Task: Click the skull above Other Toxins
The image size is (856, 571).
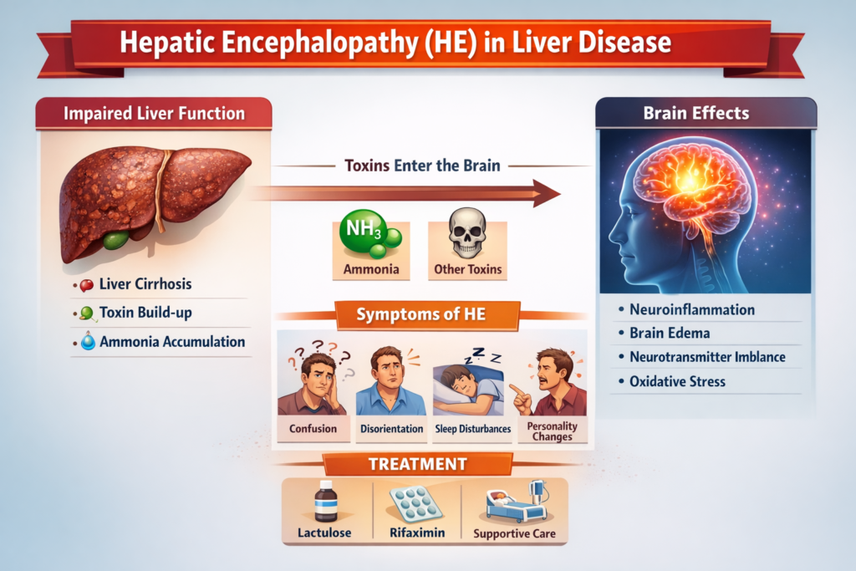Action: (466, 233)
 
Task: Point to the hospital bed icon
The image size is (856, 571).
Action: (517, 502)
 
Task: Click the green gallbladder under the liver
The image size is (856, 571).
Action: (115, 239)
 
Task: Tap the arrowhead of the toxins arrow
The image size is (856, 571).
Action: (546, 193)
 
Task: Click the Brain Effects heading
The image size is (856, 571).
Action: (696, 113)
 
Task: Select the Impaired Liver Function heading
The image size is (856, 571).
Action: (154, 114)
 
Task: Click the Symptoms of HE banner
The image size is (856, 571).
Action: (421, 314)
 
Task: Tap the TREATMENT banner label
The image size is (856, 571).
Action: (418, 464)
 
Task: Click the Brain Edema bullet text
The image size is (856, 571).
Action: (670, 333)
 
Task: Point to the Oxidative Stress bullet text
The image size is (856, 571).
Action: (677, 381)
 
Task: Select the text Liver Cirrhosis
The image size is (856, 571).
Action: (145, 284)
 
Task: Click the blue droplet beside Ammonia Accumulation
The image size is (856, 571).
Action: (88, 341)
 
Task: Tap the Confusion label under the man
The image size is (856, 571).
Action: (313, 429)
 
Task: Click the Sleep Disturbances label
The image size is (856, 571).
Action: (473, 429)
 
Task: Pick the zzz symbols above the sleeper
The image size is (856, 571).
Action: (482, 355)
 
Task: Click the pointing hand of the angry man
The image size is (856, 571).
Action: (522, 399)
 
